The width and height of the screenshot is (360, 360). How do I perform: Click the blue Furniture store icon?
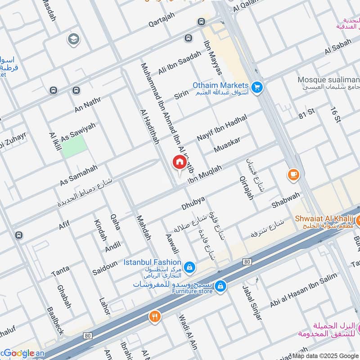(x=220, y=286)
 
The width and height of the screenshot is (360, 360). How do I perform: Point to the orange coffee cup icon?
(x=293, y=175)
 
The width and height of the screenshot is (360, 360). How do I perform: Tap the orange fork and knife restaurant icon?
(x=155, y=317)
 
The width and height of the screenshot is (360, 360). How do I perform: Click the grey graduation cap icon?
(x=72, y=40)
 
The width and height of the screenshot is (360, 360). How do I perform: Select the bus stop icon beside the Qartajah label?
(x=201, y=22)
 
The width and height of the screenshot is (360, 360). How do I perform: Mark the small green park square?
(x=74, y=146)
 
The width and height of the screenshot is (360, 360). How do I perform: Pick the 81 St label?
(x=308, y=115)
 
